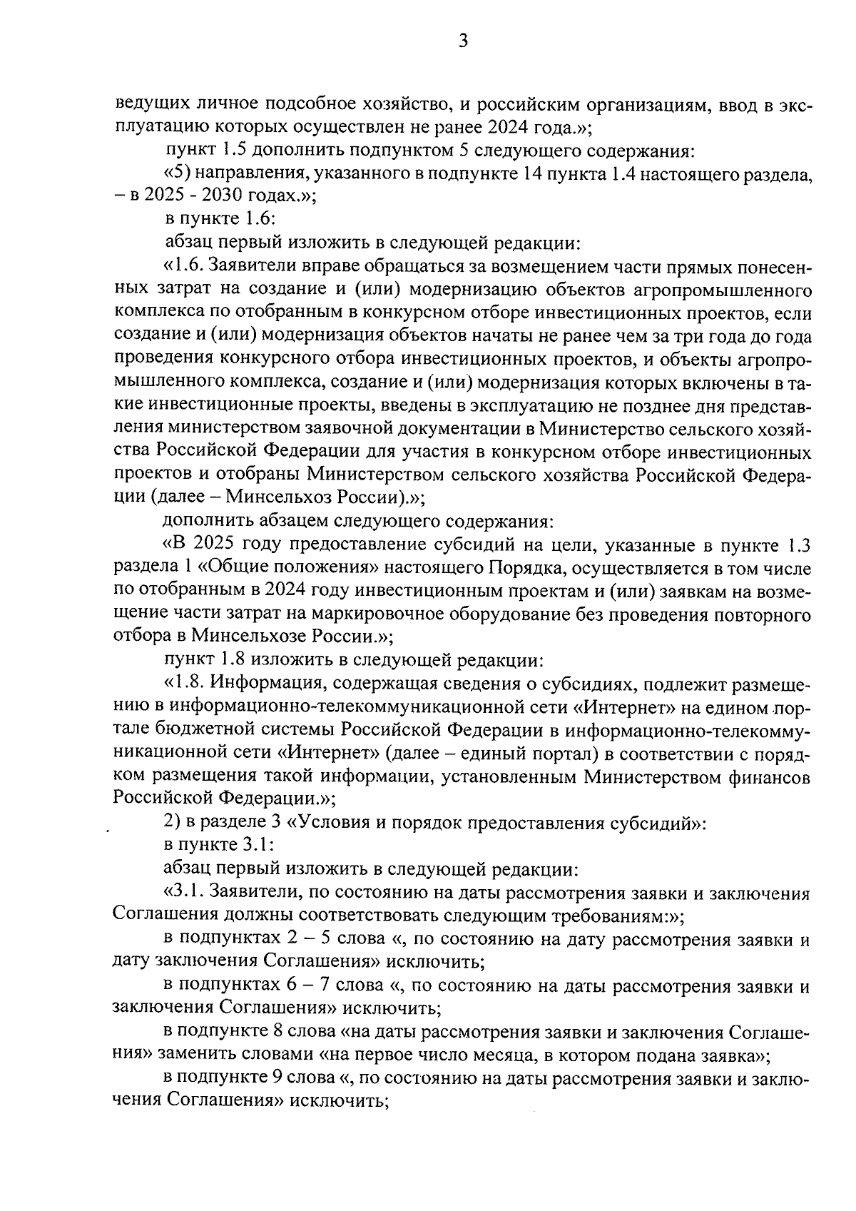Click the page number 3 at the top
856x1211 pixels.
click(463, 42)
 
